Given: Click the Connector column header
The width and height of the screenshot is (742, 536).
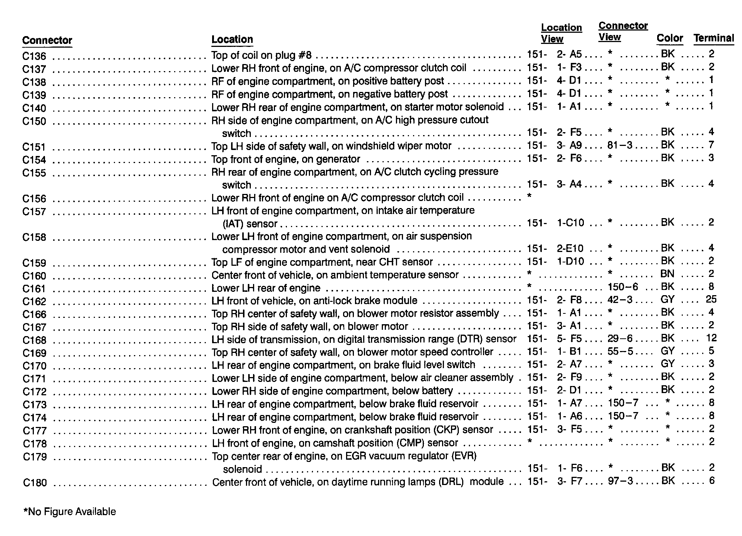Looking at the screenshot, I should point(47,40).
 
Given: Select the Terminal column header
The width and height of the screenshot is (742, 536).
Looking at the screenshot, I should point(713,38).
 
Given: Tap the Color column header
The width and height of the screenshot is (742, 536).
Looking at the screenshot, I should point(669,38).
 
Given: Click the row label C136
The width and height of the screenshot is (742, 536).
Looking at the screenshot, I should point(34,57).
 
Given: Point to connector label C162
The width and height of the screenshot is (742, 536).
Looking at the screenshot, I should point(34,301).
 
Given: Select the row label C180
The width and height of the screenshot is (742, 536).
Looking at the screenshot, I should point(35,483).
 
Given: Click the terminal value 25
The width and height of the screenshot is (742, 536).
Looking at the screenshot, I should point(711,300).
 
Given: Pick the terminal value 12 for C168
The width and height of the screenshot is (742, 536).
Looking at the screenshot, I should point(711,338).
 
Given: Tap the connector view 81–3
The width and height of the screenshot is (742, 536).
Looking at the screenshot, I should point(620,145).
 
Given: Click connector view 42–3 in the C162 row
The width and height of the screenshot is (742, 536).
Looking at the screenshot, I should point(620,300).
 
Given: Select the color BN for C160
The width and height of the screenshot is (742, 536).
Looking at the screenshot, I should point(667,274).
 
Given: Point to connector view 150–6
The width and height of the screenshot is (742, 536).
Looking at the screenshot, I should point(623,287).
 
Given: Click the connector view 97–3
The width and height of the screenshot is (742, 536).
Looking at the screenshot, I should point(620,481).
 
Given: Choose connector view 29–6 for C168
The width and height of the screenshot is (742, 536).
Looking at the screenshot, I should point(620,338).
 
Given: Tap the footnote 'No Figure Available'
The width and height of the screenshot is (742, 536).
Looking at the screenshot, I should point(70,512).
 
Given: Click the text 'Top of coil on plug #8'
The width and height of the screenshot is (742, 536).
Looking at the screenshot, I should point(261,55).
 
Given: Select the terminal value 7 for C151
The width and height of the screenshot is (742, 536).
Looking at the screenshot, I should point(711,145).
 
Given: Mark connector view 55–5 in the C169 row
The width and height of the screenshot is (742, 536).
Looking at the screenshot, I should point(620,351).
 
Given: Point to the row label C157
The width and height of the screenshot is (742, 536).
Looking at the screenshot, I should point(34,212).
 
